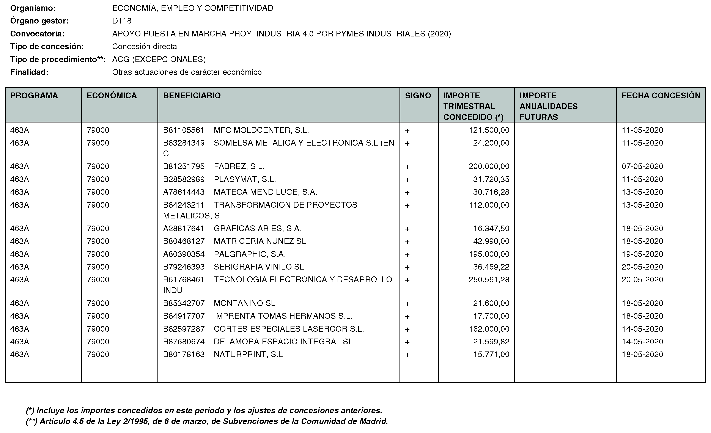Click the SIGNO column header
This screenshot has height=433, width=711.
[418, 96]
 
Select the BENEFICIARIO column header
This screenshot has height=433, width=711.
[192, 96]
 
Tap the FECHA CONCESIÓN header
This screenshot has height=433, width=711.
[661, 96]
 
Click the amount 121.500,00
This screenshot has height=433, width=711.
[489, 130]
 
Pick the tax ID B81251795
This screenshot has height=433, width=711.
[184, 166]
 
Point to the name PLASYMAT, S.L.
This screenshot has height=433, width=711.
[245, 179]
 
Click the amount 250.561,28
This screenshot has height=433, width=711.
[489, 279]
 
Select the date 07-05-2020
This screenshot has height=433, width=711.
[642, 166]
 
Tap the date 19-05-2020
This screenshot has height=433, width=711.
[642, 254]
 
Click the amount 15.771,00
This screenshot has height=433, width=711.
[491, 354]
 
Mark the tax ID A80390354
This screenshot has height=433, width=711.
[184, 254]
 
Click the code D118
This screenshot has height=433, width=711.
[122, 21]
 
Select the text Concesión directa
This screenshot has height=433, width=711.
[145, 46]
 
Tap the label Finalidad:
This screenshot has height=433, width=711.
[29, 72]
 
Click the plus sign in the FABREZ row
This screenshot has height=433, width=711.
[407, 167]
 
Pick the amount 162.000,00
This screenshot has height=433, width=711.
[489, 329]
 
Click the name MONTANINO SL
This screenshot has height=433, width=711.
[244, 303]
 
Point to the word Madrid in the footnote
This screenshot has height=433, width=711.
[373, 421]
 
